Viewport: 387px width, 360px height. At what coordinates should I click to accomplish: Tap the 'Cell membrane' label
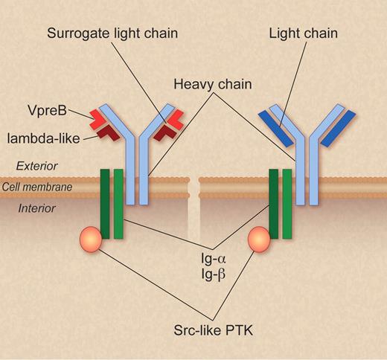point(36,187)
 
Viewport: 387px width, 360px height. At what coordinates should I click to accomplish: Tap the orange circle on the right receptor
point(259,240)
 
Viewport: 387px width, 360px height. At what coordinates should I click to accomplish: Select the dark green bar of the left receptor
point(105,205)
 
